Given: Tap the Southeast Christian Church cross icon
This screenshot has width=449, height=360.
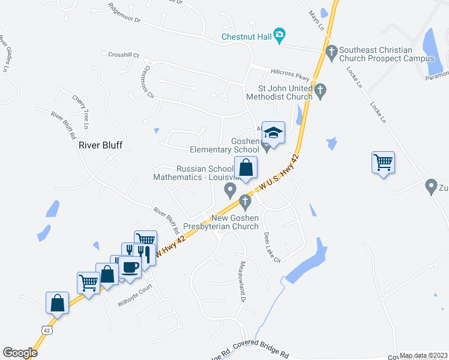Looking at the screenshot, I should tap(332, 52).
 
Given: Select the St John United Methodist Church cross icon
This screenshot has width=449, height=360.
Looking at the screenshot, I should tap(320, 91).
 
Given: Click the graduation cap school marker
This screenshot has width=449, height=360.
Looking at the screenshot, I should tap(273, 133).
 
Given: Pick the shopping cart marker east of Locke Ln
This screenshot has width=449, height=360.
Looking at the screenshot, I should tap(383, 162).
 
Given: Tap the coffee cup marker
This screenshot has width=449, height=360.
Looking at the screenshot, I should tap(130, 266).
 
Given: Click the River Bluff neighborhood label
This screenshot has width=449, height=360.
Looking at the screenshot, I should tap(101, 145).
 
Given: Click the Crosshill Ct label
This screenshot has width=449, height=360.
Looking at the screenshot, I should tap(124, 55).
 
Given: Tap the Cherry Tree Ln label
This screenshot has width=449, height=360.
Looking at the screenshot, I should tap(80, 112).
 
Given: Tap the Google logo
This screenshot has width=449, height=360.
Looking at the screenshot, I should tap(20, 353).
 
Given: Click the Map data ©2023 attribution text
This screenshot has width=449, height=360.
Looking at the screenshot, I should tap(423, 355).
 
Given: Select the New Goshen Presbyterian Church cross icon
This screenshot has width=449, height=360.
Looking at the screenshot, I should tap(244, 200).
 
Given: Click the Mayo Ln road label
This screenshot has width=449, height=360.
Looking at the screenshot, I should tap(316, 20).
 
